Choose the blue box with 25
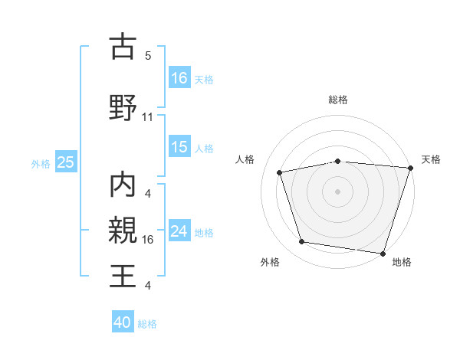click(x=65, y=162)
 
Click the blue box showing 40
click(x=123, y=322)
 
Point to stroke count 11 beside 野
click(x=148, y=117)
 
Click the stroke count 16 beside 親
click(x=148, y=240)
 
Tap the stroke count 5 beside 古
click(x=147, y=56)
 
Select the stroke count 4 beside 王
click(x=147, y=286)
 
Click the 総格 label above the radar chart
click(x=338, y=100)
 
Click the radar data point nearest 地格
click(x=382, y=253)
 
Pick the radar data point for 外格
click(x=302, y=242)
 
